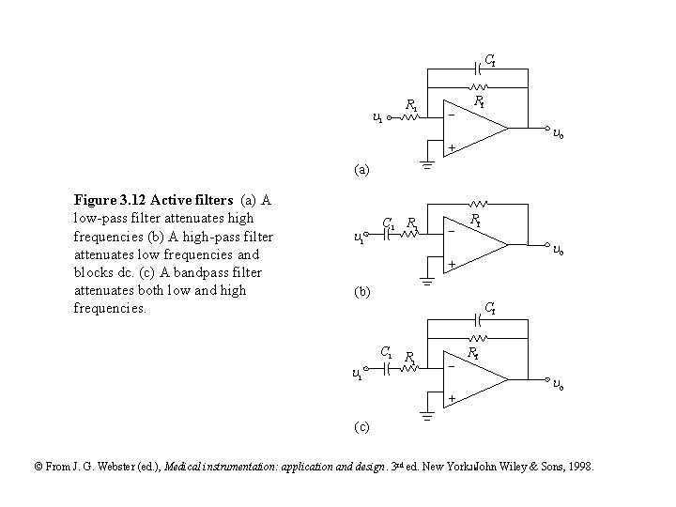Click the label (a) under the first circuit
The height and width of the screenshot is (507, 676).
coord(361,171)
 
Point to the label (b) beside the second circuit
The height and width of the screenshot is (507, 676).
coord(361,292)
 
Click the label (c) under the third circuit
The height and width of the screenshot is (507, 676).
coord(361,427)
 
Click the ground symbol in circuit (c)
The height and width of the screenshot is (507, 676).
coord(427,417)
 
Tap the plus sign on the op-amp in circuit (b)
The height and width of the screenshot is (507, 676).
coord(451,266)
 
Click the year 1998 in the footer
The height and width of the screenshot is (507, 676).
coord(580,467)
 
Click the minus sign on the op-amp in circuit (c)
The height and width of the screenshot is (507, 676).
coord(452,367)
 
